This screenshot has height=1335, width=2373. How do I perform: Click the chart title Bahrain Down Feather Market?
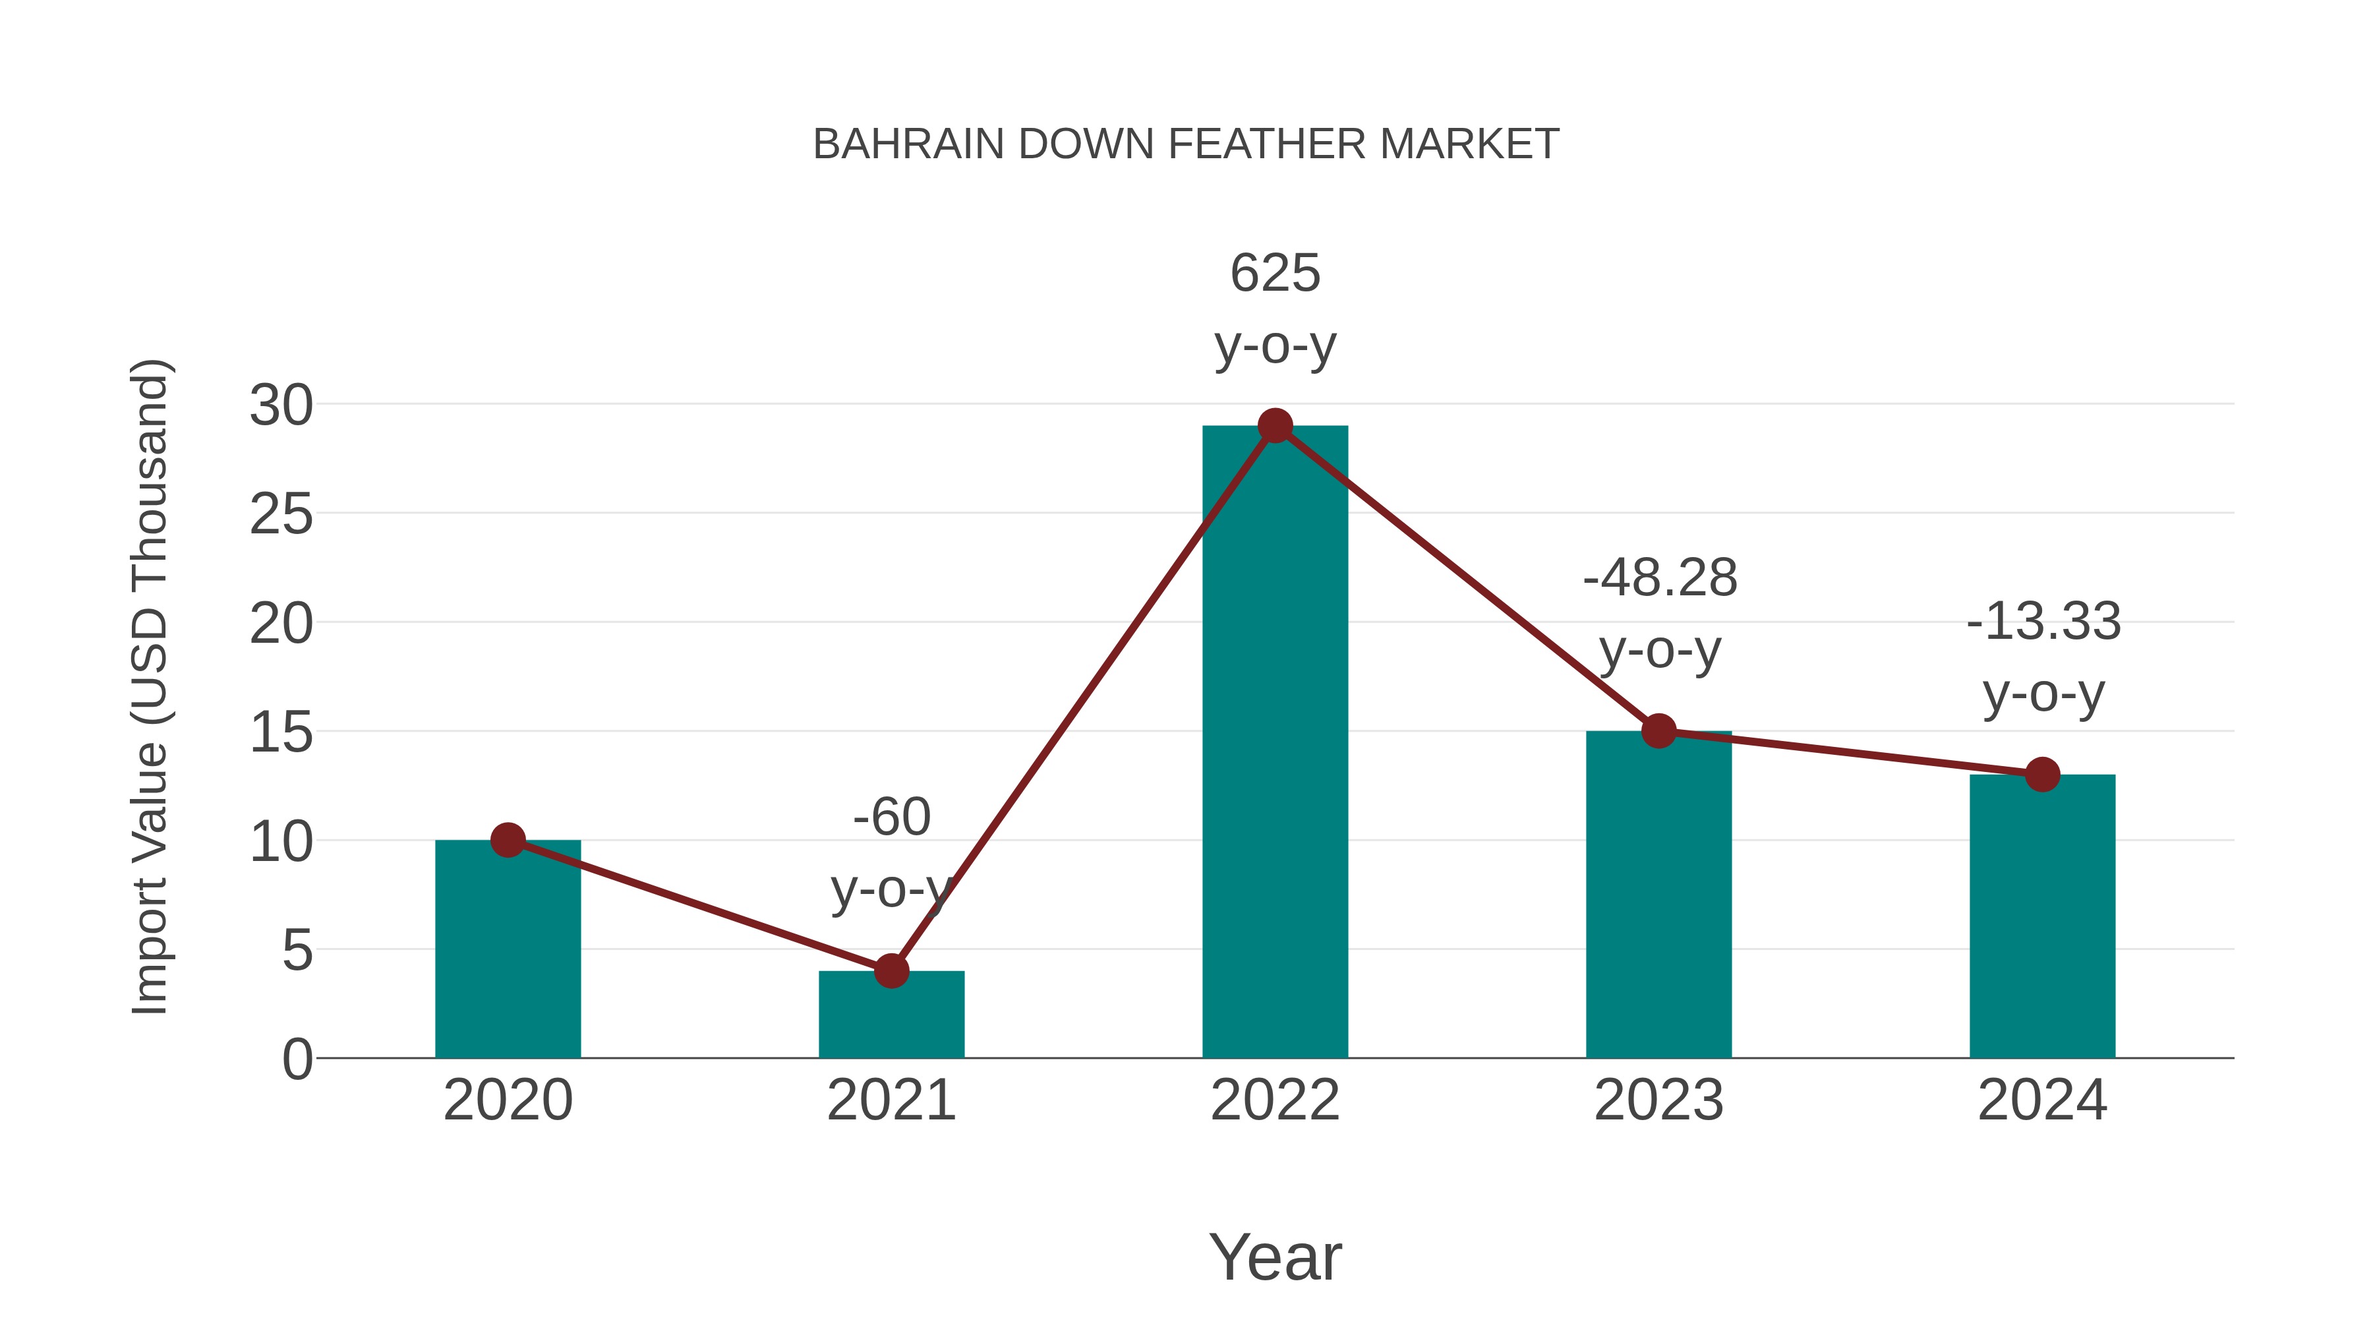pyautogui.click(x=1186, y=144)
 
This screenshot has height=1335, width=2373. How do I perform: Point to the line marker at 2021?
pyautogui.click(x=891, y=970)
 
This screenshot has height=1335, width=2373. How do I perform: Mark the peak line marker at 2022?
pyautogui.click(x=1275, y=426)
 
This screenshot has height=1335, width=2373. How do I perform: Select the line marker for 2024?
pyautogui.click(x=2042, y=775)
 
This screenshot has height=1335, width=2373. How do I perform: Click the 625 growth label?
pyautogui.click(x=1275, y=274)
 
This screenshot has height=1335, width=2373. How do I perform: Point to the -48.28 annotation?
pyautogui.click(x=1659, y=579)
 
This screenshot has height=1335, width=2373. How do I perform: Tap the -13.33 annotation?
pyautogui.click(x=2043, y=622)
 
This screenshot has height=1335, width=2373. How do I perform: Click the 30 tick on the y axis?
pyautogui.click(x=281, y=405)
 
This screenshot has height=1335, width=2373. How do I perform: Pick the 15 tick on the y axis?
pyautogui.click(x=281, y=733)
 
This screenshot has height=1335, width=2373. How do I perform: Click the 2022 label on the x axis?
pyautogui.click(x=1275, y=1100)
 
